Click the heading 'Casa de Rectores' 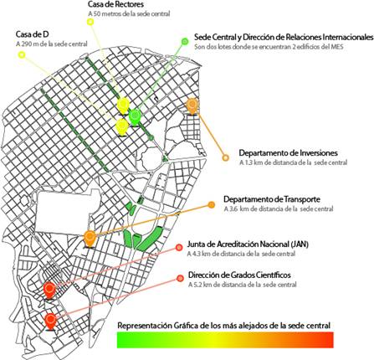pos(115,5)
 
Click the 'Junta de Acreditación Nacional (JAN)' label pos(251,244)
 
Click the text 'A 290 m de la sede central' pos(51,44)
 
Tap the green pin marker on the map pos(136,107)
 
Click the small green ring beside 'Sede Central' pos(185,39)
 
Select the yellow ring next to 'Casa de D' pos(19,54)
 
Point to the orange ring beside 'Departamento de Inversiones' pos(224,156)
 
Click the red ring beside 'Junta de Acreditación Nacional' pos(179,247)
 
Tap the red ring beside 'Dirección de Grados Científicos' pos(179,278)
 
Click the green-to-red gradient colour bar pos(226,338)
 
